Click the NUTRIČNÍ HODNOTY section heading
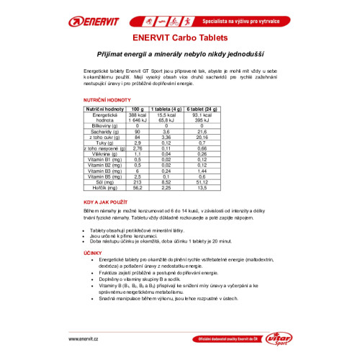pyautogui.click(x=107, y=102)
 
